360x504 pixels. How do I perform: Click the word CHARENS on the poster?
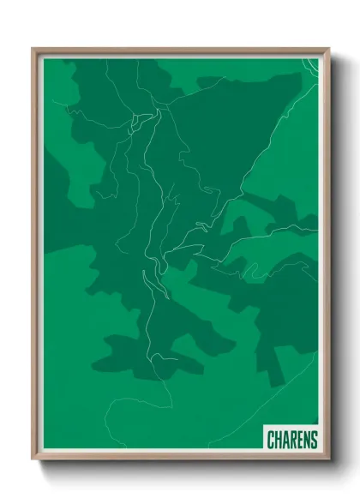pyautogui.click(x=292, y=440)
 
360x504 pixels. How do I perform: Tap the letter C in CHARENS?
pyautogui.click(x=271, y=440)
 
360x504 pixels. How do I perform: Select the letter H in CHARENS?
pyautogui.click(x=279, y=440)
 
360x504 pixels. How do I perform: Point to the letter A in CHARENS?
pyautogui.click(x=286, y=440)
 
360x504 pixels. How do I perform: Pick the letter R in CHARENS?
pyautogui.click(x=294, y=440)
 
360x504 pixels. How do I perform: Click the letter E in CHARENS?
pyautogui.click(x=301, y=440)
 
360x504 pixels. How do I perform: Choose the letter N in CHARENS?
pyautogui.click(x=308, y=440)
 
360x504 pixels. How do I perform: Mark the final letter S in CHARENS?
pyautogui.click(x=315, y=440)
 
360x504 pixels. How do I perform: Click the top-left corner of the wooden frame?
pyautogui.click(x=33, y=49)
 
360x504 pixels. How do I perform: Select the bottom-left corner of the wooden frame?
pyautogui.click(x=33, y=462)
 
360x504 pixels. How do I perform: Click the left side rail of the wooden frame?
pyautogui.click(x=34, y=257)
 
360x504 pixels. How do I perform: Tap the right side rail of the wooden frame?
pyautogui.click(x=327, y=257)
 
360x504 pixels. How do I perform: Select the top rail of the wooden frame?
pyautogui.click(x=180, y=50)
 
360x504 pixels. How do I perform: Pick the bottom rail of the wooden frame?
pyautogui.click(x=180, y=461)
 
